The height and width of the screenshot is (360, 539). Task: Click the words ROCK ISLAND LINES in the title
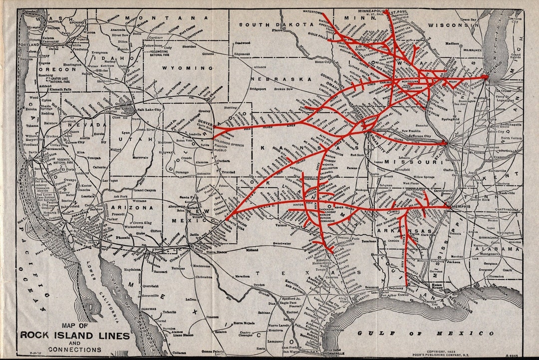click(75, 335)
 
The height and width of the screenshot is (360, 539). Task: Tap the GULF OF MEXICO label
click(426, 333)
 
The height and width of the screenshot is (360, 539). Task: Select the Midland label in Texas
click(252, 250)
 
